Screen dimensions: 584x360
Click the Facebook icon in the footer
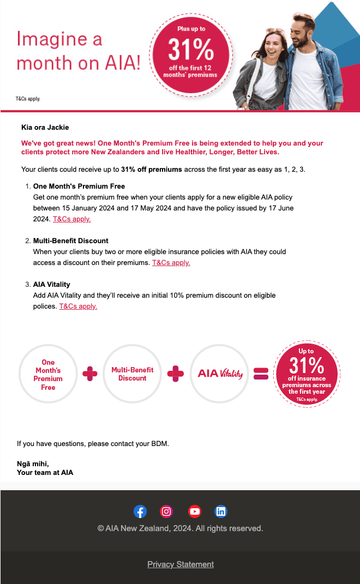tap(140, 511)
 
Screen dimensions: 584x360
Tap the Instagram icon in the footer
tap(167, 511)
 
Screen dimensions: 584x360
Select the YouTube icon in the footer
tap(194, 511)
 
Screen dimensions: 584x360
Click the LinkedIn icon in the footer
tap(221, 511)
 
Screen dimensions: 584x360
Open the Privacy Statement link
tap(181, 564)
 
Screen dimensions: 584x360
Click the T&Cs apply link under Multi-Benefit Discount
tap(171, 263)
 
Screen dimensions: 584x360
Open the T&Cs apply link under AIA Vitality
tap(78, 306)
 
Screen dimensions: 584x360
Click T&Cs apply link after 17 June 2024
tap(71, 219)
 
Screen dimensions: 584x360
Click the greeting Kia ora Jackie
tap(45, 128)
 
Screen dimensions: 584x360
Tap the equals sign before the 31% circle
tap(261, 374)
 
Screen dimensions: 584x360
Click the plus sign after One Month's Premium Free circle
tap(89, 374)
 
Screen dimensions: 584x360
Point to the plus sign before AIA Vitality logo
tap(175, 374)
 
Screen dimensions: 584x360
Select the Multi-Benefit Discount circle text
tap(133, 374)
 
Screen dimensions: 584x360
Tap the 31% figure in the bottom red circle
tap(307, 365)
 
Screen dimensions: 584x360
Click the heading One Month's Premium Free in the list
tap(79, 186)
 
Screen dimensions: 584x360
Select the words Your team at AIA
tap(45, 473)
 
